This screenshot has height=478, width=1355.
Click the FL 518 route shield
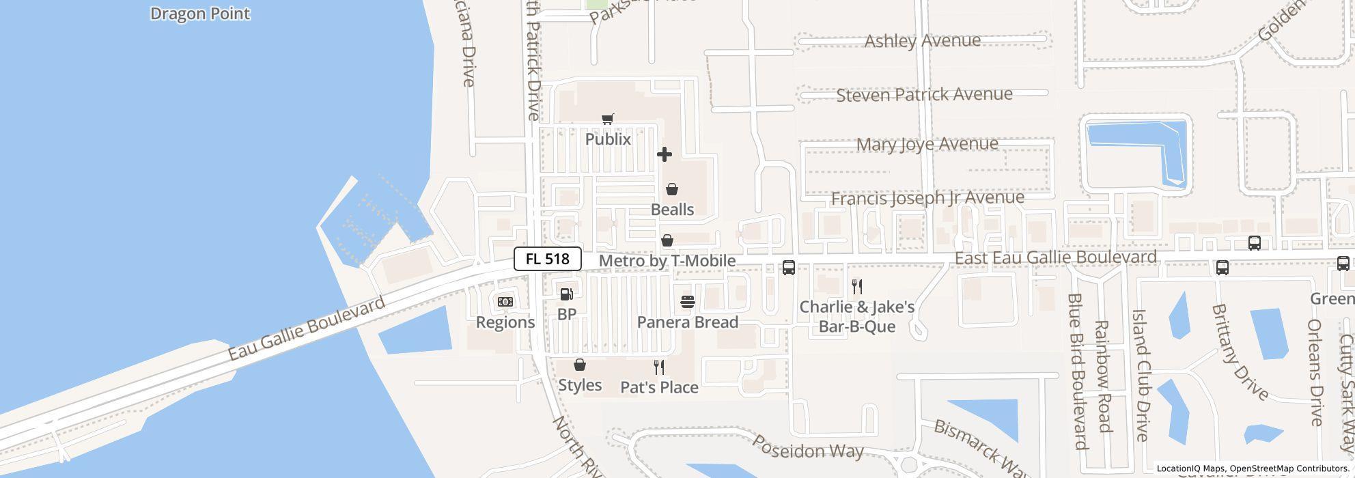pyautogui.click(x=547, y=259)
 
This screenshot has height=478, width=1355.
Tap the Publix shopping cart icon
pyautogui.click(x=607, y=119)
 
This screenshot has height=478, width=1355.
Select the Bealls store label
pyautogui.click(x=672, y=210)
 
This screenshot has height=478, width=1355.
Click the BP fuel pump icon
pyautogui.click(x=566, y=294)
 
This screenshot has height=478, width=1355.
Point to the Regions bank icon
pyautogui.click(x=505, y=302)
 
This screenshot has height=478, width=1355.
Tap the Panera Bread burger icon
pyautogui.click(x=688, y=302)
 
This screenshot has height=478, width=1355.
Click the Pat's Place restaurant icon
pyautogui.click(x=659, y=367)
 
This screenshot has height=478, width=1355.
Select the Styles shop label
pyautogui.click(x=580, y=385)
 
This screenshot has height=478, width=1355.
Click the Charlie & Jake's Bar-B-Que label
pyautogui.click(x=856, y=316)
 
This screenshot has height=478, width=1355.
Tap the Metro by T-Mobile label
pyautogui.click(x=667, y=261)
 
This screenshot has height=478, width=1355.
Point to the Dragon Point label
pyautogui.click(x=200, y=14)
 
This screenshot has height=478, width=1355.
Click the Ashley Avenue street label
pyautogui.click(x=923, y=41)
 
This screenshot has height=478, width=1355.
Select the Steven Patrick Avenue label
pyautogui.click(x=924, y=94)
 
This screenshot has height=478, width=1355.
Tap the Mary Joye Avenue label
pyautogui.click(x=927, y=144)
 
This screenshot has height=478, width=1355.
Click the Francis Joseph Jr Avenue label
pyautogui.click(x=927, y=198)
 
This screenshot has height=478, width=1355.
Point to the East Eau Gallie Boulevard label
pyautogui.click(x=1055, y=257)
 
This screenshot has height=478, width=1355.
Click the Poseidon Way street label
pyautogui.click(x=807, y=446)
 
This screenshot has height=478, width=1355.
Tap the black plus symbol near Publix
pyautogui.click(x=664, y=154)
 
